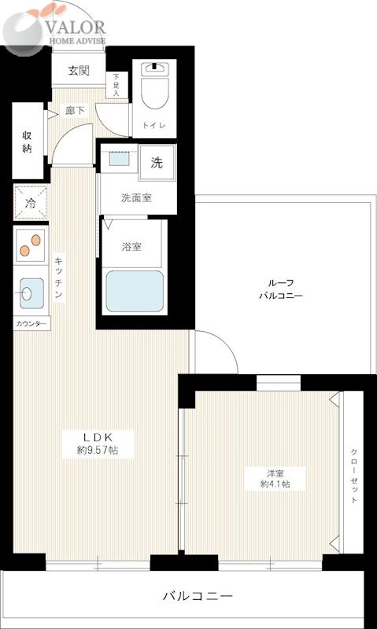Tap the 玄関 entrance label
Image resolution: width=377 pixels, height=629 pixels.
pos(78,71)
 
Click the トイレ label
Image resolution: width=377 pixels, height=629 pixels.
pos(152,125)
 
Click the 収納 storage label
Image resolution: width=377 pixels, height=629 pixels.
pos(27,142)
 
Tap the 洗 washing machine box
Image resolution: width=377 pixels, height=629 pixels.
pos(157,164)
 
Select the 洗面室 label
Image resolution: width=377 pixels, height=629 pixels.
pos(136,198)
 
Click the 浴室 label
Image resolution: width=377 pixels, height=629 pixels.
pos(131,247)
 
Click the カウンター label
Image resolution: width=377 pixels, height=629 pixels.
pos(31,324)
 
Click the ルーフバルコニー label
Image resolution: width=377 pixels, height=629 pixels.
pos(280,289)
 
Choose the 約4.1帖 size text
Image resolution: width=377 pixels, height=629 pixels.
pos(275,484)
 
